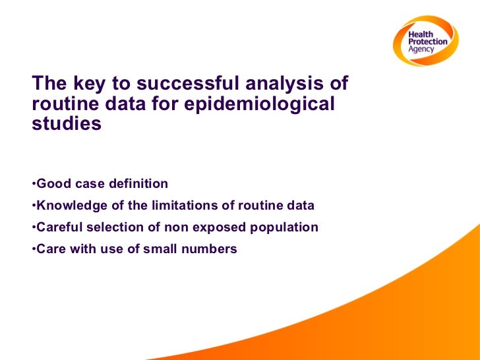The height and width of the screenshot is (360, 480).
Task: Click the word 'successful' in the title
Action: pos(189,84)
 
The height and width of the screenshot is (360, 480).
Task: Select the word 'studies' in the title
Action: pos(67,123)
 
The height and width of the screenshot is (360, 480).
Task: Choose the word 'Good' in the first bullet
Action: pos(51,183)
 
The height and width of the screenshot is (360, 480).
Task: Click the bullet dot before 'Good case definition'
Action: pos(33,183)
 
